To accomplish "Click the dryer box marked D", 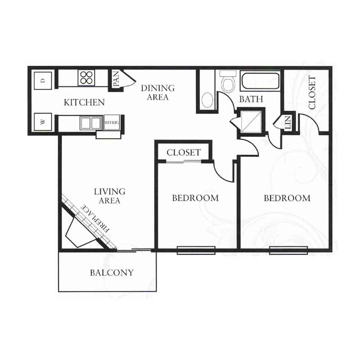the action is (x=43, y=81).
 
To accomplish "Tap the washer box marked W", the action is (x=43, y=122).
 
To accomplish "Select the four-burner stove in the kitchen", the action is (x=86, y=77).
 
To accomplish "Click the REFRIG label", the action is (x=112, y=122).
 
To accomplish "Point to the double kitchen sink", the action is (x=91, y=123).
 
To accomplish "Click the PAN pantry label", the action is (x=116, y=79).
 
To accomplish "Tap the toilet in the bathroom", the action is (x=228, y=81).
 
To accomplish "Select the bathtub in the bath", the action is (x=260, y=81).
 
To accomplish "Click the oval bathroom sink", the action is (x=208, y=100).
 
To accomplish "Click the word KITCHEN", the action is (x=84, y=103).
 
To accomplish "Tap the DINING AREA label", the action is (x=158, y=93).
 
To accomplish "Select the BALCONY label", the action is (x=112, y=273).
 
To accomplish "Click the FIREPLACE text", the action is (x=95, y=218).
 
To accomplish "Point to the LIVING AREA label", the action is (x=109, y=196).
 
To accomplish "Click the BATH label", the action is (x=251, y=99).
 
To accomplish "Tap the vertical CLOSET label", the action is (x=312, y=93).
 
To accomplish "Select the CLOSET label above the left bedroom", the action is (x=184, y=153).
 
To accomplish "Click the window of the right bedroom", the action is (x=288, y=250).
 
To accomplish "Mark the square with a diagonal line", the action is (x=251, y=121).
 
